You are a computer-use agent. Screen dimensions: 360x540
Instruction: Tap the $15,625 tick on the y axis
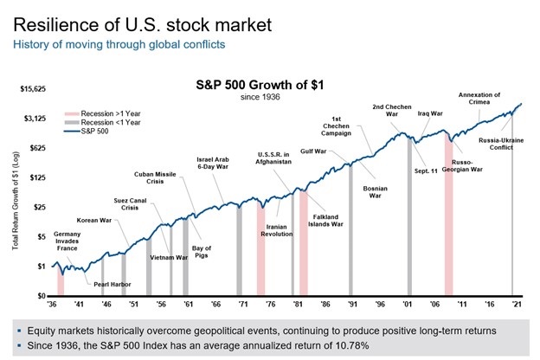[34, 89]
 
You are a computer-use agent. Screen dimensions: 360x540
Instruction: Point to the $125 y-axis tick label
[40, 177]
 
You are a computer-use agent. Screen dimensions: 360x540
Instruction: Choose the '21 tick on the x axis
[517, 305]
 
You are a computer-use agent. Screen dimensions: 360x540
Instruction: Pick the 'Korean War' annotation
[88, 220]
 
